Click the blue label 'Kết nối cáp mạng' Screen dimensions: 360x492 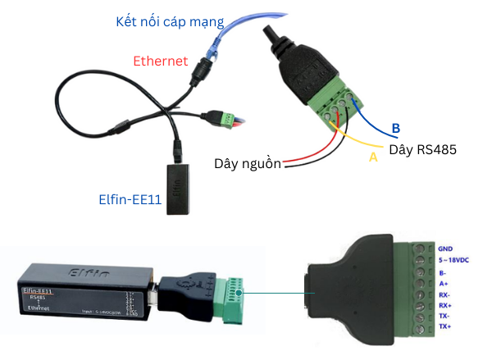pos(169,21)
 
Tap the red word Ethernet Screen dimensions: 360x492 pos(161,61)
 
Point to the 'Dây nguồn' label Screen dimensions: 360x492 pos(246,163)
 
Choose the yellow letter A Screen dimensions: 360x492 pos(373,156)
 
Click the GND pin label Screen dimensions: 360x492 pos(445,248)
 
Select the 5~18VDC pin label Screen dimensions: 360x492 pos(456,261)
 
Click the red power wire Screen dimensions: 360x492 pos(303,156)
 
